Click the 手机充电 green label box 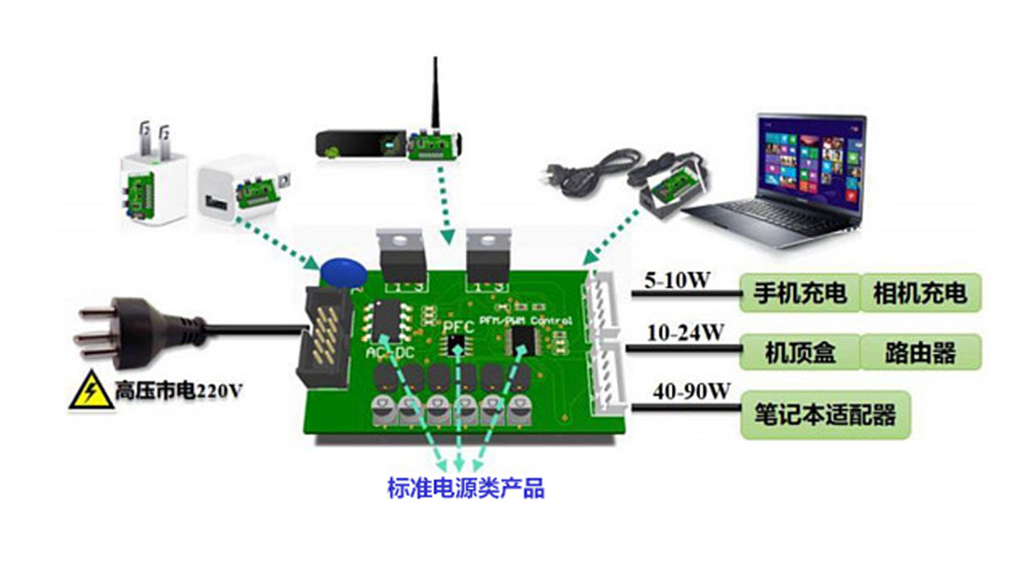pyautogui.click(x=799, y=293)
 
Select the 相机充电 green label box pyautogui.click(x=920, y=293)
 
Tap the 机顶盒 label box pyautogui.click(x=799, y=352)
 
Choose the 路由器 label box pyautogui.click(x=920, y=352)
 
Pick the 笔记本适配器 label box pyautogui.click(x=825, y=414)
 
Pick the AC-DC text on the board pyautogui.click(x=390, y=352)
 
